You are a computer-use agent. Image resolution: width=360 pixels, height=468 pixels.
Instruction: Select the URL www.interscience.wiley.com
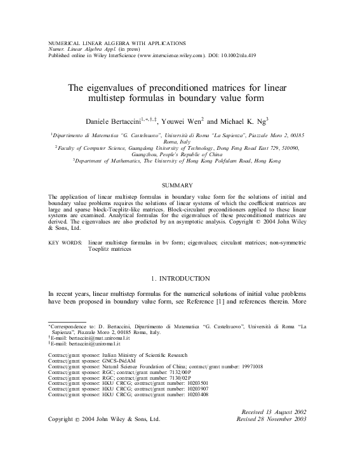tap(168, 55)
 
